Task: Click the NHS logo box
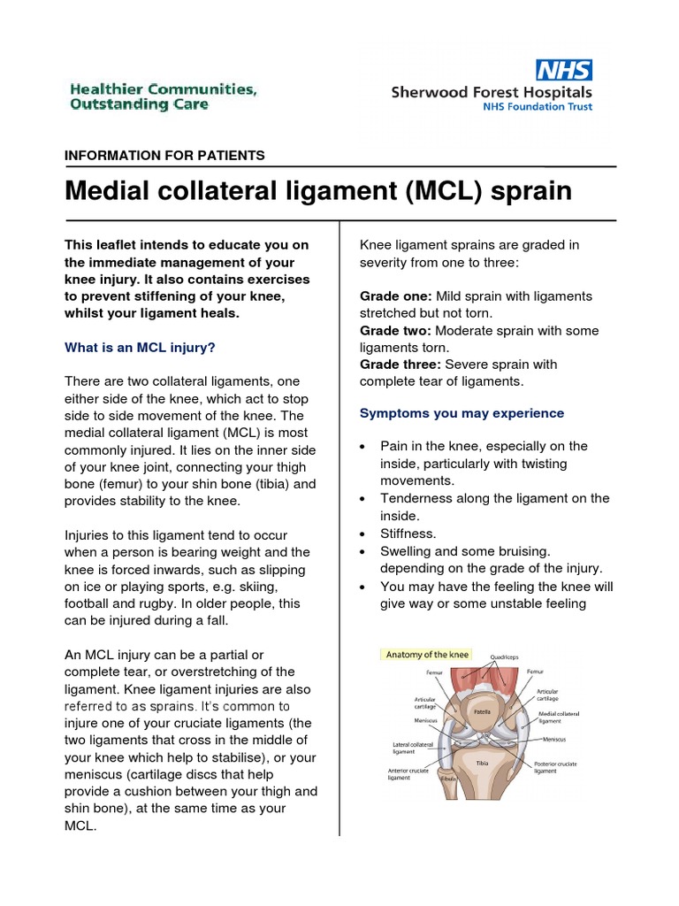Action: [564, 70]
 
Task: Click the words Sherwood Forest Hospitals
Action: [492, 92]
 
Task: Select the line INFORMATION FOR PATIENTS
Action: [164, 156]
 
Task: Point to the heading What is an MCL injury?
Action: [140, 348]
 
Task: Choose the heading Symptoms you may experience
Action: [462, 413]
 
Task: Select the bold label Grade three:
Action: [401, 365]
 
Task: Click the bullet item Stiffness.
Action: [408, 534]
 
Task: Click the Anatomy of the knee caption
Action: [426, 655]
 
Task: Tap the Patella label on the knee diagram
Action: [482, 711]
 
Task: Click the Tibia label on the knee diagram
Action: [482, 763]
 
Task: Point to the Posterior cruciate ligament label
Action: [558, 767]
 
